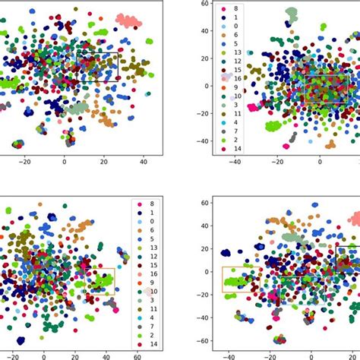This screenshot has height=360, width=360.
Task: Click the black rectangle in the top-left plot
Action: point(98,67)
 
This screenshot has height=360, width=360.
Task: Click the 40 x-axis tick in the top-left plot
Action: point(143,161)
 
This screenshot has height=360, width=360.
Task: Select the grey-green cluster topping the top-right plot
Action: point(290,14)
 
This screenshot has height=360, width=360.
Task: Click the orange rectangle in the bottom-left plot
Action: point(100,282)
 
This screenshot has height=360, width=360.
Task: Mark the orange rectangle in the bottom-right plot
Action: point(240,279)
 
